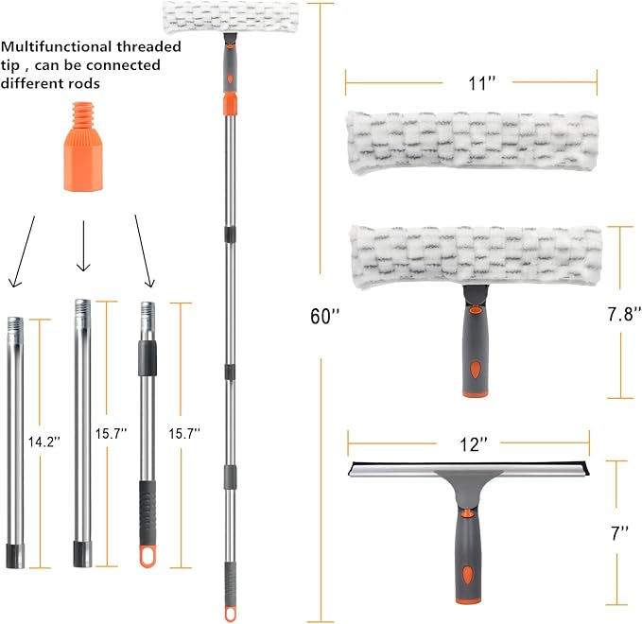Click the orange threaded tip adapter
[x=82, y=147]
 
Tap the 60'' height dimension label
[x=325, y=316]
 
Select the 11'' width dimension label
[x=481, y=83]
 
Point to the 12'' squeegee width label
[x=474, y=443]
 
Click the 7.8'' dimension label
[x=624, y=314]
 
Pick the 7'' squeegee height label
[x=619, y=533]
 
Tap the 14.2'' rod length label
[x=44, y=442]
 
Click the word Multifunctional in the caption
[x=57, y=46]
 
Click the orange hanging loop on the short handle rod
[x=147, y=556]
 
